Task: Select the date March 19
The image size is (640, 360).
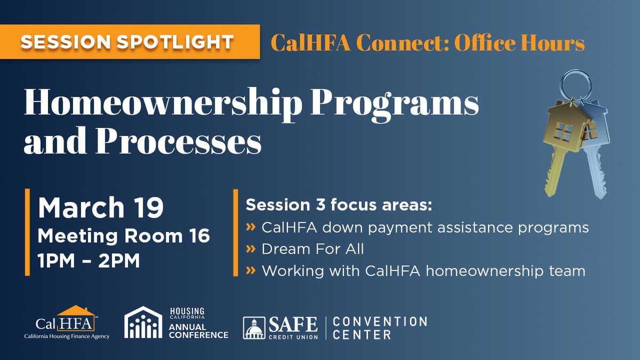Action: (101, 208)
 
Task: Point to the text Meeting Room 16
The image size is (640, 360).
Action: (124, 236)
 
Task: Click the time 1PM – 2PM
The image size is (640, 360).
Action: (89, 261)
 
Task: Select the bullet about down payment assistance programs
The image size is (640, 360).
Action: (425, 228)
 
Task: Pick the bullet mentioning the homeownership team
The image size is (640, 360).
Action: (423, 271)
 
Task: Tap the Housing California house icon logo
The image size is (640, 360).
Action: (143, 323)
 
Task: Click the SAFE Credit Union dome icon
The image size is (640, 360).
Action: (254, 328)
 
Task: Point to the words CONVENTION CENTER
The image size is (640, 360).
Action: (379, 328)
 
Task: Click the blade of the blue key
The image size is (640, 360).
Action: (595, 171)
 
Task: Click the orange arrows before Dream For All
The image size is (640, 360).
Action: (250, 249)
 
